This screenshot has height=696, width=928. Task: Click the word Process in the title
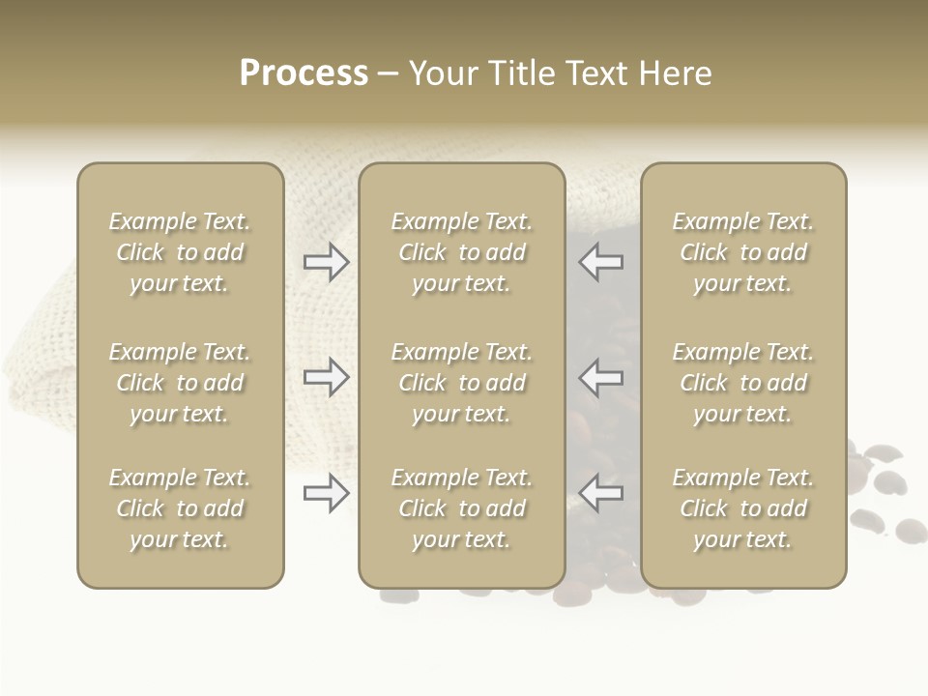point(304,73)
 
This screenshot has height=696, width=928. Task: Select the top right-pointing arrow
point(326,262)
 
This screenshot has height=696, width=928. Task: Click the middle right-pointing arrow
point(326,376)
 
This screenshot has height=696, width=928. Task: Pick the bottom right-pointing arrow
point(326,493)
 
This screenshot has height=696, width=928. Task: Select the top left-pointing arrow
point(601,261)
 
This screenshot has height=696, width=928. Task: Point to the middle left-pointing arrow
point(601,376)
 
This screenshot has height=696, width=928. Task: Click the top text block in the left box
point(180,252)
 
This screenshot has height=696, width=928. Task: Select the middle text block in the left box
point(180,383)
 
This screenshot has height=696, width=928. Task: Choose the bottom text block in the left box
point(180,508)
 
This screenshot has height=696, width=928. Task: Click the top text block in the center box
point(462,252)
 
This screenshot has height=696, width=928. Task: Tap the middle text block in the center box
point(462,383)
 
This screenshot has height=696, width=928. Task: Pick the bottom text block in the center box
point(462,508)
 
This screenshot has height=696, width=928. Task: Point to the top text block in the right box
point(743,252)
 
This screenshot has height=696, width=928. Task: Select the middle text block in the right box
point(743,383)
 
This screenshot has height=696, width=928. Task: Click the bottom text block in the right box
point(743,508)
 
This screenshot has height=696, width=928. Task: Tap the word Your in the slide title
point(444,73)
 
